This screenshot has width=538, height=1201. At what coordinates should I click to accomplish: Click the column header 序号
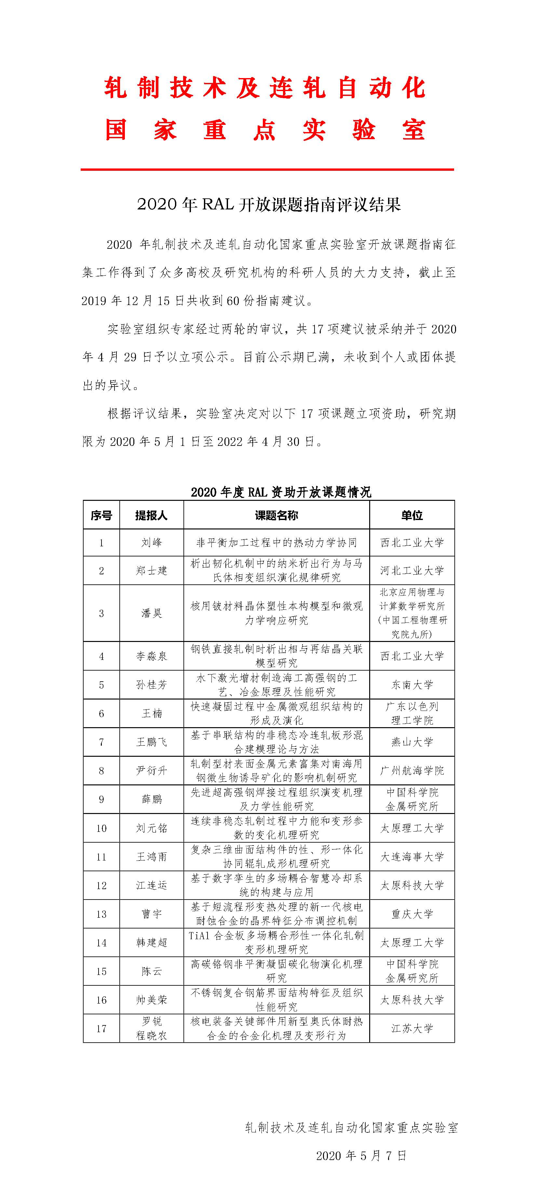[101, 515]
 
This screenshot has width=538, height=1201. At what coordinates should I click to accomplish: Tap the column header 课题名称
[276, 515]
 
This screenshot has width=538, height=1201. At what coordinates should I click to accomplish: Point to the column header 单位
[412, 515]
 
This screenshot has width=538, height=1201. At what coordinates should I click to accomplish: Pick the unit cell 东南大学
[412, 685]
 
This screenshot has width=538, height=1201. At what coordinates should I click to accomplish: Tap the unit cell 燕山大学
[412, 742]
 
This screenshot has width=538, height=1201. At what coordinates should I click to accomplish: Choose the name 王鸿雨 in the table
[152, 857]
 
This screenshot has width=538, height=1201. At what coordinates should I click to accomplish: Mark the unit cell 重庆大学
[412, 914]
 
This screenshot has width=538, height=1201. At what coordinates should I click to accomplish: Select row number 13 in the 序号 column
[101, 914]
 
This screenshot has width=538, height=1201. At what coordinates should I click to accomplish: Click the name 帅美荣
[152, 1000]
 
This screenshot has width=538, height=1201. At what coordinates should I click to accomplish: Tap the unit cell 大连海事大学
[412, 857]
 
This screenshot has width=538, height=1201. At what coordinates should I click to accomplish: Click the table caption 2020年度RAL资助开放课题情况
[281, 492]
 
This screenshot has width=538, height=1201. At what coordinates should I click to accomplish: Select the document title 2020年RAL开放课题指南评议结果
[269, 205]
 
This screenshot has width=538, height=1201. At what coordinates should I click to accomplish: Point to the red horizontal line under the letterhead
[267, 169]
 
